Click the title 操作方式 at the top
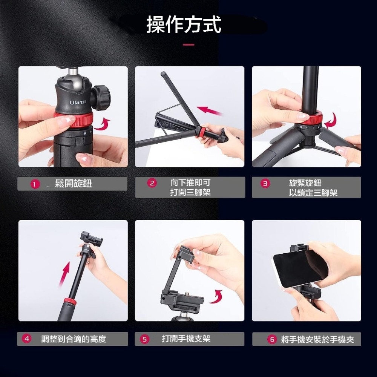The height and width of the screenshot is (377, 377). click(x=184, y=24)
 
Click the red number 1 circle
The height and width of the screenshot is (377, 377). click(x=35, y=184)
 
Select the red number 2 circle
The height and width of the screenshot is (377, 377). click(x=152, y=183)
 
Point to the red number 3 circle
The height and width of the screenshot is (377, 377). click(x=265, y=184)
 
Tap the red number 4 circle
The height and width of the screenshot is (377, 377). click(x=27, y=339)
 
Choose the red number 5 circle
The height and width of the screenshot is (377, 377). click(x=144, y=339)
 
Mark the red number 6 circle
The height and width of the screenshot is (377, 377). click(x=272, y=339)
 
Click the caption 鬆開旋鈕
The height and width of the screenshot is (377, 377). click(x=74, y=184)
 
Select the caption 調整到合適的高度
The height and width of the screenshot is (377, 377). click(x=74, y=339)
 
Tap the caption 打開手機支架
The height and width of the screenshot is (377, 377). click(x=186, y=339)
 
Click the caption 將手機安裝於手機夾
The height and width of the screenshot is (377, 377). click(x=317, y=340)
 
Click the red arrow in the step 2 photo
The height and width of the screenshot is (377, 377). click(x=210, y=111)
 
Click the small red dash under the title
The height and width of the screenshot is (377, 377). click(x=188, y=45)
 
